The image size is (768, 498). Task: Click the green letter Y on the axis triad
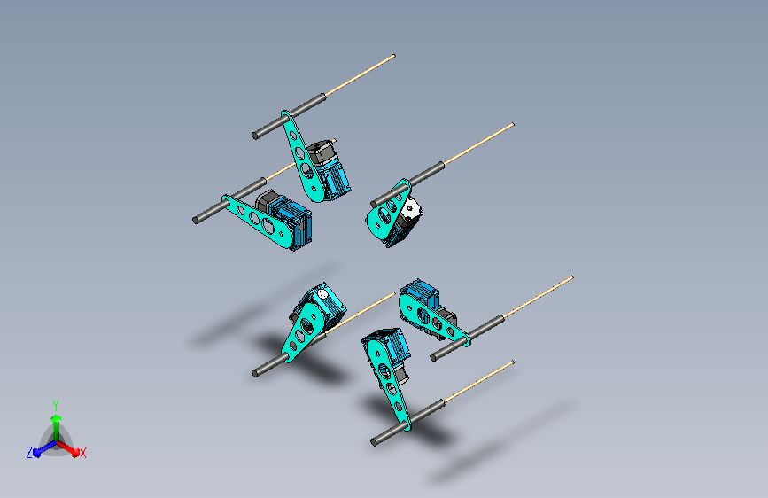(56, 405)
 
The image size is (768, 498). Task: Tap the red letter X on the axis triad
(82, 453)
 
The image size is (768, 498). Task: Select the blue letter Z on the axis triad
(29, 453)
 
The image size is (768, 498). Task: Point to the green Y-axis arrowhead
(57, 418)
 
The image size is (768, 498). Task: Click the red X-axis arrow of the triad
(67, 448)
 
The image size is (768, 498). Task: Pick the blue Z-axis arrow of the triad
(45, 448)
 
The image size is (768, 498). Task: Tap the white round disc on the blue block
(322, 294)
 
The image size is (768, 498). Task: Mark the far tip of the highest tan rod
(394, 56)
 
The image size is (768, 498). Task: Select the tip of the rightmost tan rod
(572, 278)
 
